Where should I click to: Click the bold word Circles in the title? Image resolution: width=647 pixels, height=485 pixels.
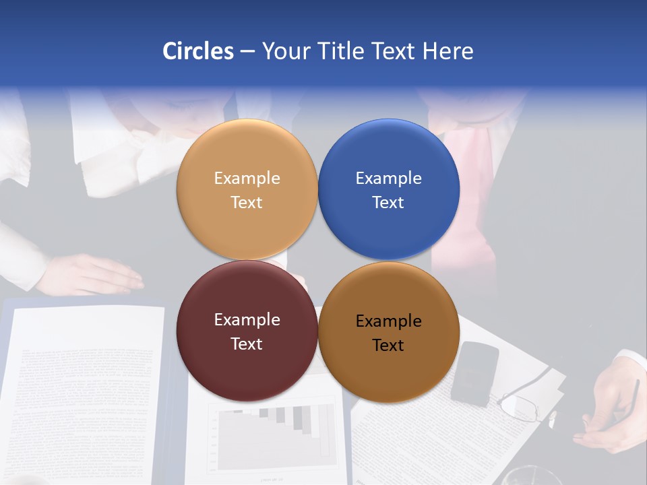(x=197, y=51)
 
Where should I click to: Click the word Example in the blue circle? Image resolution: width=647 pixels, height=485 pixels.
(x=388, y=179)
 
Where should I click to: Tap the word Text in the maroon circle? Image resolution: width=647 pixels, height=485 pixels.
(x=247, y=344)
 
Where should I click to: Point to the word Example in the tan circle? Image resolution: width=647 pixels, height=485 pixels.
(x=247, y=179)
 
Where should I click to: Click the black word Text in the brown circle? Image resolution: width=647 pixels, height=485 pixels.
(x=388, y=346)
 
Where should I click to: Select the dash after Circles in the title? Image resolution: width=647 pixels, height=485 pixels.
(x=247, y=51)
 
